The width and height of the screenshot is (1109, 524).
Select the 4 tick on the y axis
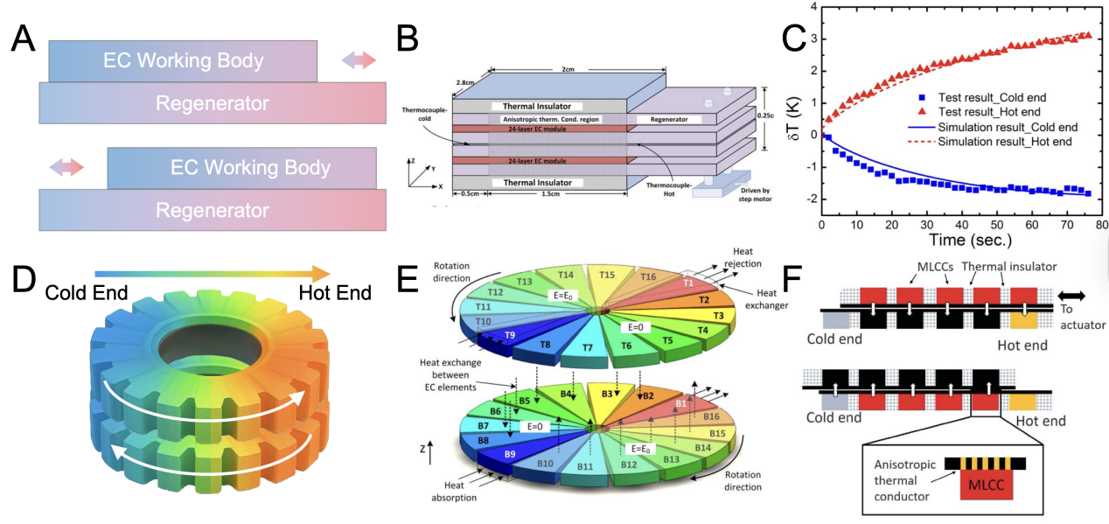point(810,8)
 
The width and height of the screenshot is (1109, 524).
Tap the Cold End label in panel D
point(86,293)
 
